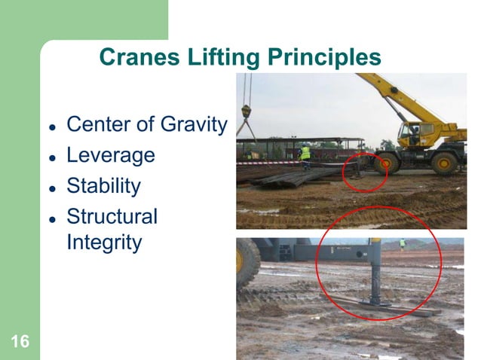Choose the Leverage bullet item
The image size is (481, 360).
point(111,155)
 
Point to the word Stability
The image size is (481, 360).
point(104,186)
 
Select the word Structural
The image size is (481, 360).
point(112,217)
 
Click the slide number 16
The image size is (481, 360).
point(20,343)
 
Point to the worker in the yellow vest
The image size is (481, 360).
point(305,154)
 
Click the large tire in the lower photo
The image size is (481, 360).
point(247,263)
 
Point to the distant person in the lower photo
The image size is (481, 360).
point(403,244)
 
